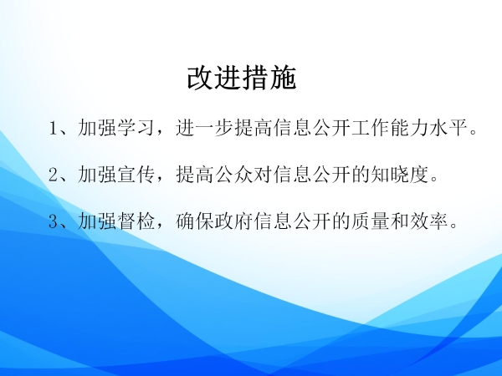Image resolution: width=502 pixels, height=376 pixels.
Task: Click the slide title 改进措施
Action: pos(242,79)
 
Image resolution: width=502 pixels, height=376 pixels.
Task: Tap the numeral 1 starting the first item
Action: pos(54,128)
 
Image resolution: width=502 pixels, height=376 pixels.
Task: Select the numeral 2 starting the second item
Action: pos(54,175)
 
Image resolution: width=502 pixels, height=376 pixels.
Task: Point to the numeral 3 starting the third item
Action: pos(54,221)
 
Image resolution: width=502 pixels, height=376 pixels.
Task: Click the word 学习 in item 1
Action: pos(136,128)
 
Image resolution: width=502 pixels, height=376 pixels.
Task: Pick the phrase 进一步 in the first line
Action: pos(205,128)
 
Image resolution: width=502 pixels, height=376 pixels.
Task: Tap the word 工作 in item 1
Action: pos(371,128)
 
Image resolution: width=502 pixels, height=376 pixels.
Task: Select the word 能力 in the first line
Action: pos(410,128)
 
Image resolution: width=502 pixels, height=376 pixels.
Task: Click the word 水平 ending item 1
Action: pos(449,128)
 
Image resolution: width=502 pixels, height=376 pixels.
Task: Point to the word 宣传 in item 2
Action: pos(136,175)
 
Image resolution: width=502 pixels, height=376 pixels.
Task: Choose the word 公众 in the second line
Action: pos(234,175)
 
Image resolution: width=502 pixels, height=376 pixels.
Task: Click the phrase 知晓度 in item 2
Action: pos(400,175)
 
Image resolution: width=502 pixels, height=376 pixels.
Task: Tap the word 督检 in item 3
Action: pos(136,221)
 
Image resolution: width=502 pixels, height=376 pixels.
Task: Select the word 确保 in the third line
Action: pos(195,221)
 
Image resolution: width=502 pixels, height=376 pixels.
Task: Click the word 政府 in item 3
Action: pos(234,221)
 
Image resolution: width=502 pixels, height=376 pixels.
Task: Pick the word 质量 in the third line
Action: pos(371,221)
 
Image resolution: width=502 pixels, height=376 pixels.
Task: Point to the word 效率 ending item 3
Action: pos(430,221)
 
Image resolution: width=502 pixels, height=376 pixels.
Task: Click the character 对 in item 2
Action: pos(264,175)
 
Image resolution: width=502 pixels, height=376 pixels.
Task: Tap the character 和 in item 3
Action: pos(401,221)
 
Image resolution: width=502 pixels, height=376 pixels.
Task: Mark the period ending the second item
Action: pos(434,179)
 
